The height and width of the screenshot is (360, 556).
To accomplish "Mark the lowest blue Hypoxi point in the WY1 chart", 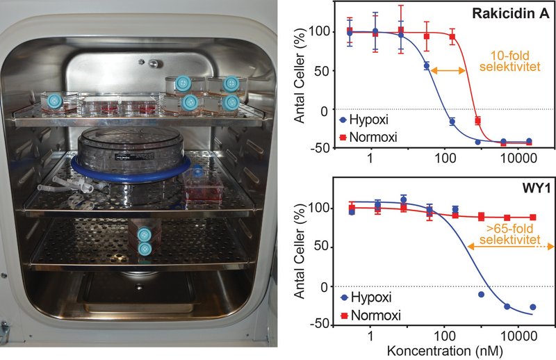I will point(532,306).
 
